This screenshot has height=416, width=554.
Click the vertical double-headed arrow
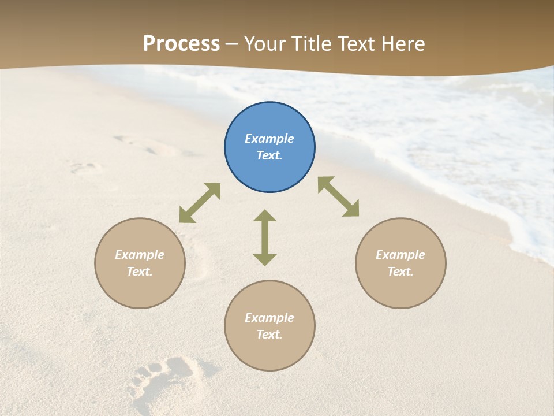(x=265, y=237)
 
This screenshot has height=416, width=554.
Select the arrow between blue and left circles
(x=200, y=203)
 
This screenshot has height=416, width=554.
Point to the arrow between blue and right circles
(x=338, y=196)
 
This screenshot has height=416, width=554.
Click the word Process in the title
(x=181, y=43)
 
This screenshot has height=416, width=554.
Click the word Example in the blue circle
(x=269, y=139)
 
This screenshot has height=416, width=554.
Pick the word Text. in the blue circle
(x=269, y=155)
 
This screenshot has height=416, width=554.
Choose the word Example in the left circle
(x=140, y=255)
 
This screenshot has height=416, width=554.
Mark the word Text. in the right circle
(x=400, y=272)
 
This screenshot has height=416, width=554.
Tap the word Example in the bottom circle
(x=269, y=318)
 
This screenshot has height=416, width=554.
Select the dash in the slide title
(x=232, y=44)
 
